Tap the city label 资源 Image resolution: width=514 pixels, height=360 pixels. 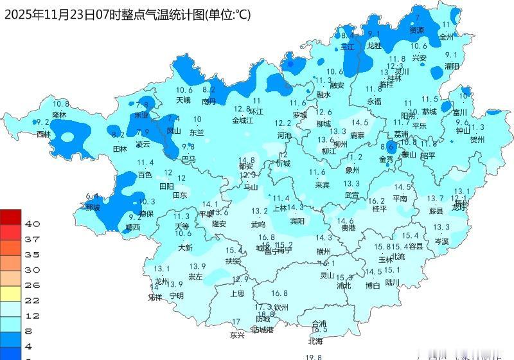(417, 30)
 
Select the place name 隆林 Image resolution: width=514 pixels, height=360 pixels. (59, 114)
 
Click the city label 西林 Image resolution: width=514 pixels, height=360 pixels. (43, 134)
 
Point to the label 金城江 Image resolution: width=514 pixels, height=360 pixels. (243, 120)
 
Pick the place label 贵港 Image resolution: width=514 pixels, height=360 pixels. (348, 228)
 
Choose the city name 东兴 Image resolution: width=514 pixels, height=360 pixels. (237, 335)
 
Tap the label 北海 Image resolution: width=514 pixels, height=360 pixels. (315, 341)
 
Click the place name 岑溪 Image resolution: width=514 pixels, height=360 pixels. (441, 241)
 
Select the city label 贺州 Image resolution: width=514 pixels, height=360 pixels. (477, 139)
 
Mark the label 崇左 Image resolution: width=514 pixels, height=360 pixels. (195, 277)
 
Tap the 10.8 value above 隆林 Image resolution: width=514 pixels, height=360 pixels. (61, 104)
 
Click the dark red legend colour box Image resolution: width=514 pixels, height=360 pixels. (11, 217)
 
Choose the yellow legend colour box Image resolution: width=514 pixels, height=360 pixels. (11, 294)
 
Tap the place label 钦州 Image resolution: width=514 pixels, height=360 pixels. (281, 307)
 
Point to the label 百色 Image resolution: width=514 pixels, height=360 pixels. (145, 174)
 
